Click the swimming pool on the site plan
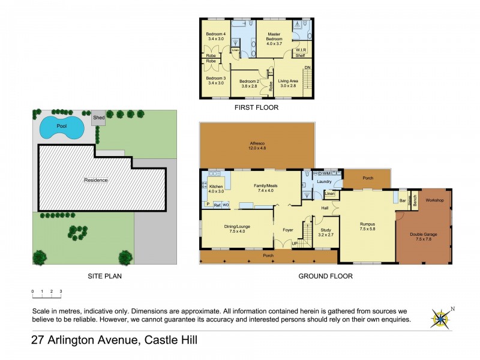click(61, 127)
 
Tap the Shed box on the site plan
click(98, 118)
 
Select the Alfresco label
click(257, 145)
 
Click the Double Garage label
click(424, 236)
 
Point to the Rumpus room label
click(367, 226)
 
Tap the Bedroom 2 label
click(249, 83)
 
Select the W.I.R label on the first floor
click(301, 50)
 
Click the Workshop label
click(434, 200)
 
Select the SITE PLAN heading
click(105, 277)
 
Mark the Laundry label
click(324, 181)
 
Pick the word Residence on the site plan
click(95, 180)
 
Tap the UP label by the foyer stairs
click(294, 244)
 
